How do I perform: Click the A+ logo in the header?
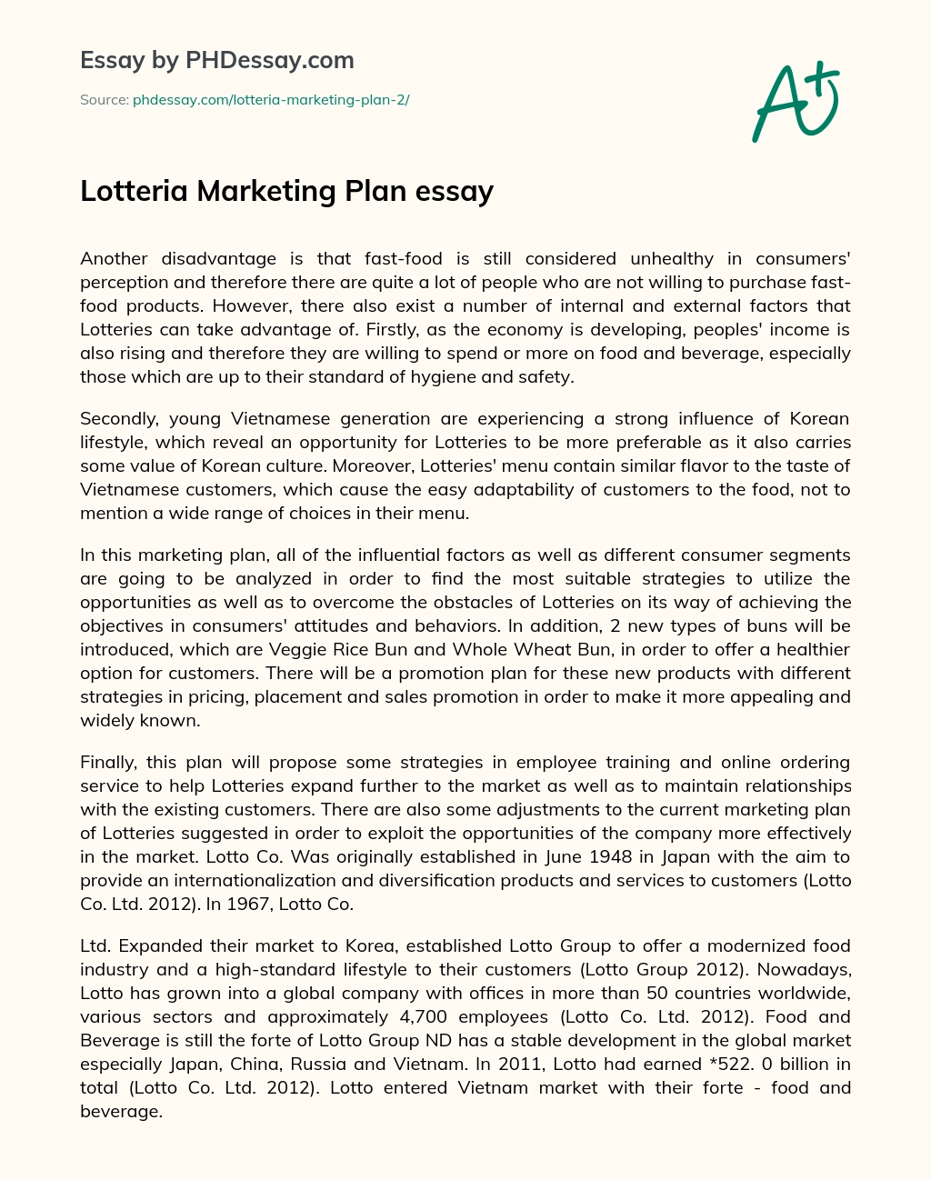coord(795,102)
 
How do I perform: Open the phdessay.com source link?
coord(271,100)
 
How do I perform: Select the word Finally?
coord(106,762)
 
